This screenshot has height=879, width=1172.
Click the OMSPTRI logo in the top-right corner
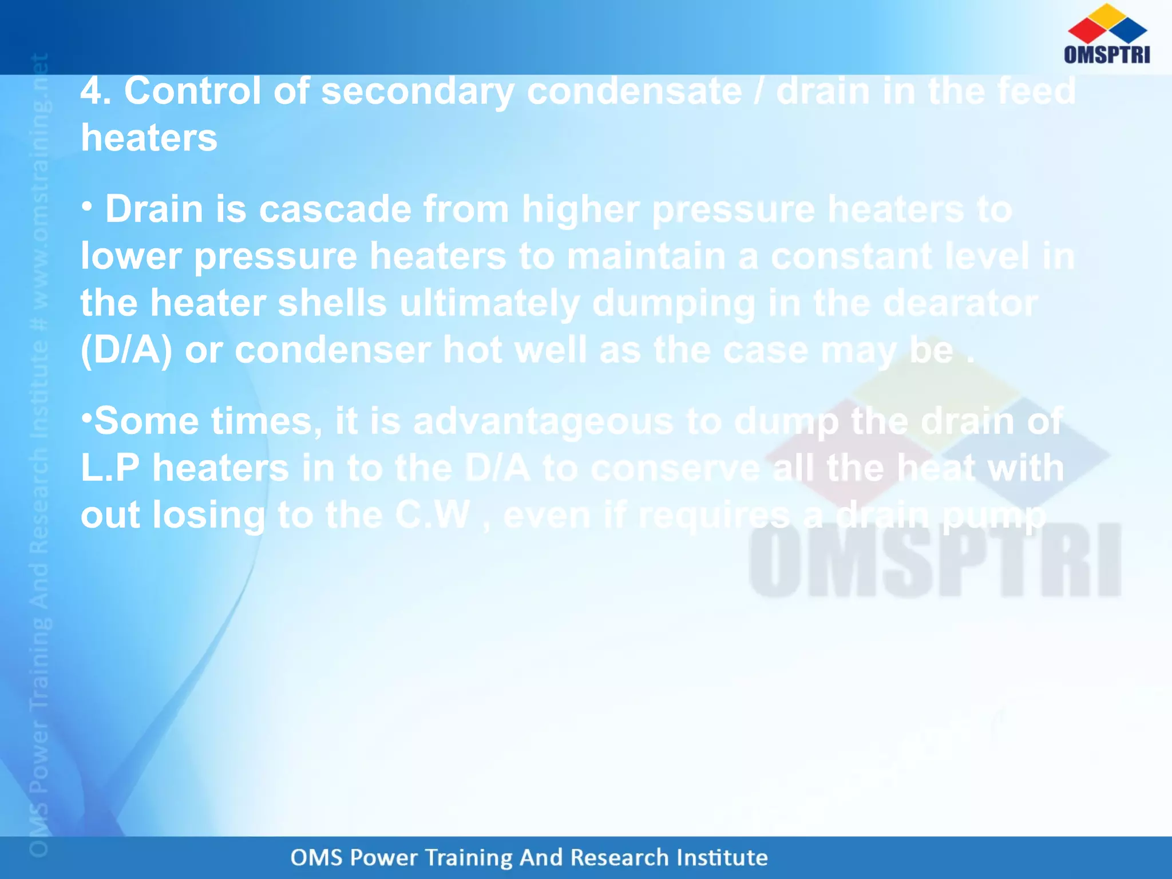click(1107, 34)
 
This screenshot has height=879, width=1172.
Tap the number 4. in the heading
click(95, 92)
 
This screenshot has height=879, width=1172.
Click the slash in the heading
click(758, 92)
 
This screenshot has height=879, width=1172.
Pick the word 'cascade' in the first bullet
click(335, 209)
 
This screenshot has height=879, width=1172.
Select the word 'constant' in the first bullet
click(852, 256)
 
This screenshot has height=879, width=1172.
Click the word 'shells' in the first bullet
click(332, 303)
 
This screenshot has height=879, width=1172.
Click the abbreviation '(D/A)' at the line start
click(126, 350)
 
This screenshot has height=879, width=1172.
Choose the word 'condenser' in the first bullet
click(332, 350)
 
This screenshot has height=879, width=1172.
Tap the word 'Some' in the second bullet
click(146, 421)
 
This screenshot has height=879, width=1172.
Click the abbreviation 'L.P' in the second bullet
click(110, 468)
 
